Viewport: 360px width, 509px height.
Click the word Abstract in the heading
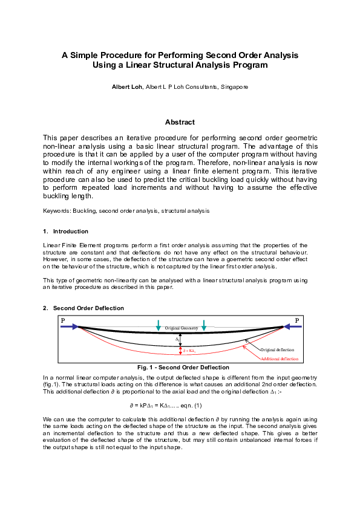point(180,122)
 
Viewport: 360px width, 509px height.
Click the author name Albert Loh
point(127,87)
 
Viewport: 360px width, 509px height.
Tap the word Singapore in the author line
point(232,87)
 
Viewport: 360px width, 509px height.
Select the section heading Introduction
point(70,232)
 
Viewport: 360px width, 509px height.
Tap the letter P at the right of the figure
point(297,320)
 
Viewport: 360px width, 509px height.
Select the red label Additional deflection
point(280,359)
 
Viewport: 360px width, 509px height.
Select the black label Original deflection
point(277,350)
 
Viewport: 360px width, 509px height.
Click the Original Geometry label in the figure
point(182,328)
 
